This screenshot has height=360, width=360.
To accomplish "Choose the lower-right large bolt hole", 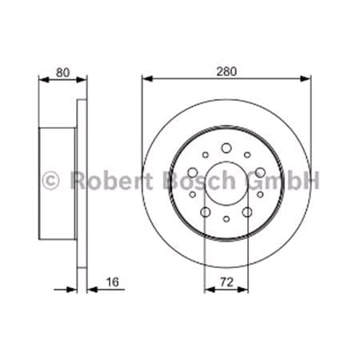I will (x=249, y=213).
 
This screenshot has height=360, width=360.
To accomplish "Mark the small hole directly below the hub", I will (x=226, y=219).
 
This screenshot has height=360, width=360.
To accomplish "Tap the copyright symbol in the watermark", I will (x=50, y=180).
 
